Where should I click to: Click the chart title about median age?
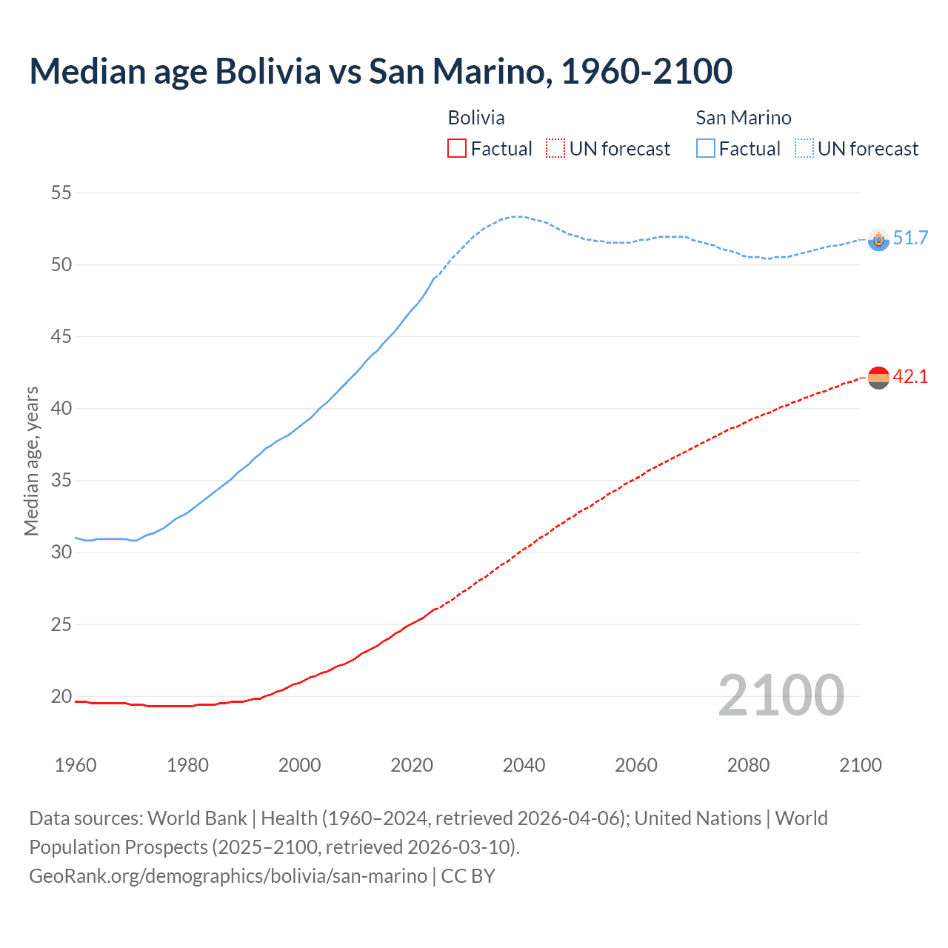[381, 72]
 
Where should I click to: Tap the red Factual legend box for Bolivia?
[457, 149]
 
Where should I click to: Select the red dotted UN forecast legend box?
[555, 149]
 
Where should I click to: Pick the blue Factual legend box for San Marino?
[706, 149]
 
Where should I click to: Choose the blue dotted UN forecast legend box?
[804, 149]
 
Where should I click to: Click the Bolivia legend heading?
[476, 118]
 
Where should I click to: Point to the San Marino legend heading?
[743, 118]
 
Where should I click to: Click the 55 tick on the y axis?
[61, 193]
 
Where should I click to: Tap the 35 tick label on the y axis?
[61, 481]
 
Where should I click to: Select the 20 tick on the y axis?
[61, 696]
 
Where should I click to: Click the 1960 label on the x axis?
[76, 765]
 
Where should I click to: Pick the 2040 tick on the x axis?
[524, 765]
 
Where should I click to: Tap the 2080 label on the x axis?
[748, 765]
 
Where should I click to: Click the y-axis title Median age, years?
[31, 461]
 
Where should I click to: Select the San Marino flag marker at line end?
[878, 239]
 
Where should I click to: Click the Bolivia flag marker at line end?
[878, 378]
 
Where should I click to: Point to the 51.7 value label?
[910, 238]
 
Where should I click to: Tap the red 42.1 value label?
[910, 376]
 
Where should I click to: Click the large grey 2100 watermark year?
[781, 695]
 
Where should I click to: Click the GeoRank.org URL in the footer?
[228, 875]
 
